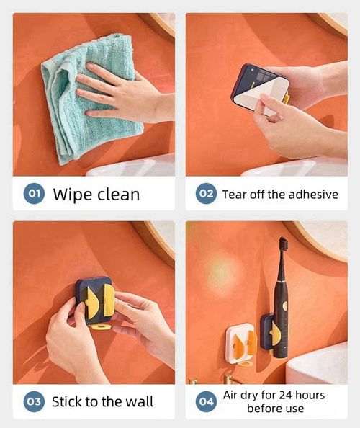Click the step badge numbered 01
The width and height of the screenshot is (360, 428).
[34, 194]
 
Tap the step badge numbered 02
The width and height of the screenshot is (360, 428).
[206, 194]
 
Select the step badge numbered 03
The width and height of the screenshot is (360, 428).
[34, 401]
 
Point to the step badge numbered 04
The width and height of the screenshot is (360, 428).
[206, 401]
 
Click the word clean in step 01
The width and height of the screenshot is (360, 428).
[118, 195]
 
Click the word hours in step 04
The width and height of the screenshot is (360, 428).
[310, 396]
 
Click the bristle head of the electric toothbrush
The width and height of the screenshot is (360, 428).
[284, 244]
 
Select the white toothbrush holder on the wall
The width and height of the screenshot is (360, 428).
[240, 344]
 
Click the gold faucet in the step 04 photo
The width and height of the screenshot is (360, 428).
[229, 379]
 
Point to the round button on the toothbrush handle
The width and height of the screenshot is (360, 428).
[284, 306]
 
